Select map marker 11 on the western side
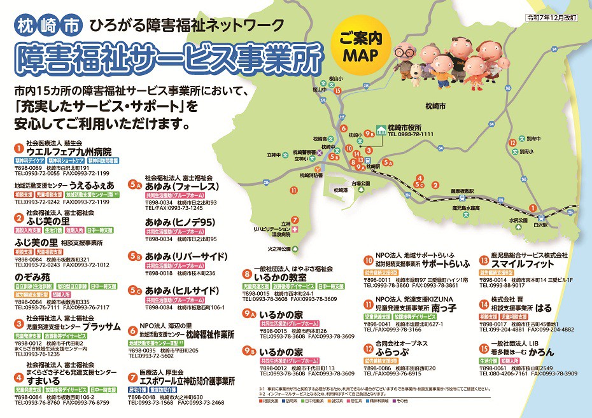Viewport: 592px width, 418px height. coord(293,190)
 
